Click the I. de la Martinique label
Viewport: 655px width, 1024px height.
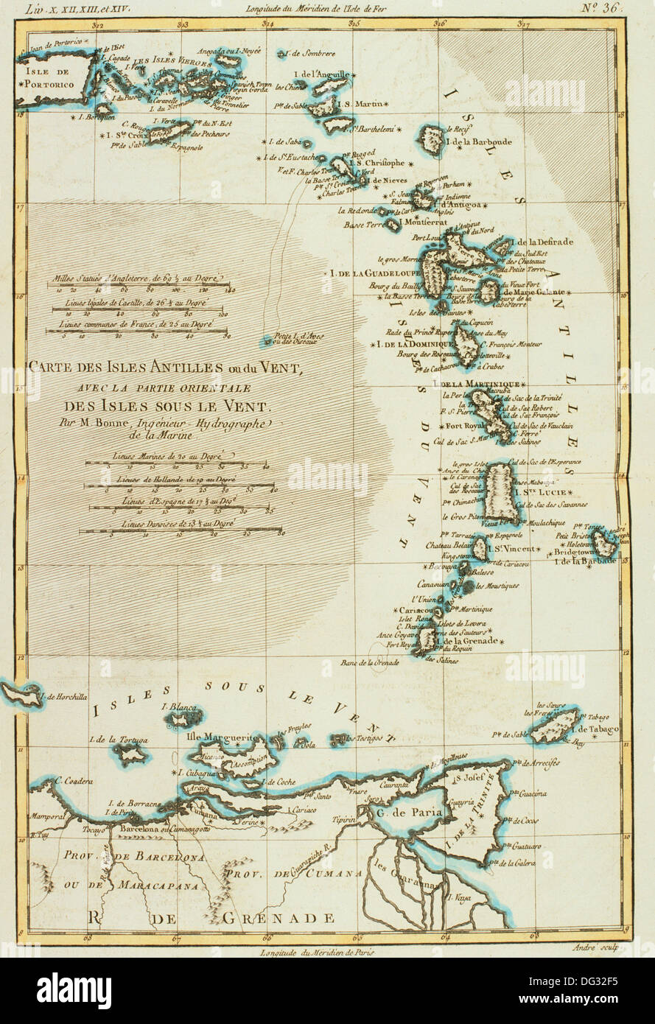(x=477, y=384)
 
